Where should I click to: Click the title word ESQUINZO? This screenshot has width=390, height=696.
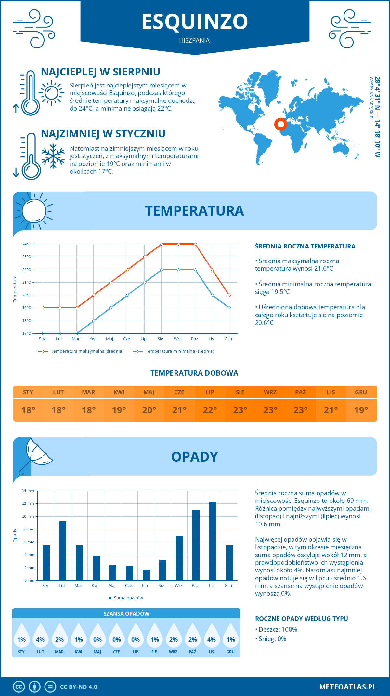[x=195, y=22]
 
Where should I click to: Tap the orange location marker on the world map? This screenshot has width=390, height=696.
[x=280, y=124]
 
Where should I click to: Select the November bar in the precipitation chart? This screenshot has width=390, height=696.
[x=213, y=541]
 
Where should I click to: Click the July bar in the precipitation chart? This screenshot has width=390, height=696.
[x=146, y=575]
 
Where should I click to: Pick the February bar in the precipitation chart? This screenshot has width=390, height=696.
[x=63, y=551]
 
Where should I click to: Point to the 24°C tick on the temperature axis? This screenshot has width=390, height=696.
[x=27, y=244]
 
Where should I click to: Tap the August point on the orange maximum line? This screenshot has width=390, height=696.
[x=162, y=244]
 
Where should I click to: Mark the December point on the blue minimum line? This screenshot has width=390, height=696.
[x=229, y=308]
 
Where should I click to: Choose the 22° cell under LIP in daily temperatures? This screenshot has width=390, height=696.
[x=210, y=410]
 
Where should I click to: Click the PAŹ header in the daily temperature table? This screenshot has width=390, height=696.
[x=300, y=392]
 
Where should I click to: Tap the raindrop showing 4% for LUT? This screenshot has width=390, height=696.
[x=40, y=637]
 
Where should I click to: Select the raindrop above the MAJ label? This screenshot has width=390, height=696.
[x=97, y=637]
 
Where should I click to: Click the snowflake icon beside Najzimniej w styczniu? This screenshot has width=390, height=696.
[x=53, y=156]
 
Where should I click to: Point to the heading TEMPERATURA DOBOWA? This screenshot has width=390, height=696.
[x=194, y=373]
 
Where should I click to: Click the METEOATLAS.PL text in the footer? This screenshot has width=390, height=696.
[x=348, y=687]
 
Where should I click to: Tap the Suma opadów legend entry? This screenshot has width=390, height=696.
[x=128, y=598]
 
